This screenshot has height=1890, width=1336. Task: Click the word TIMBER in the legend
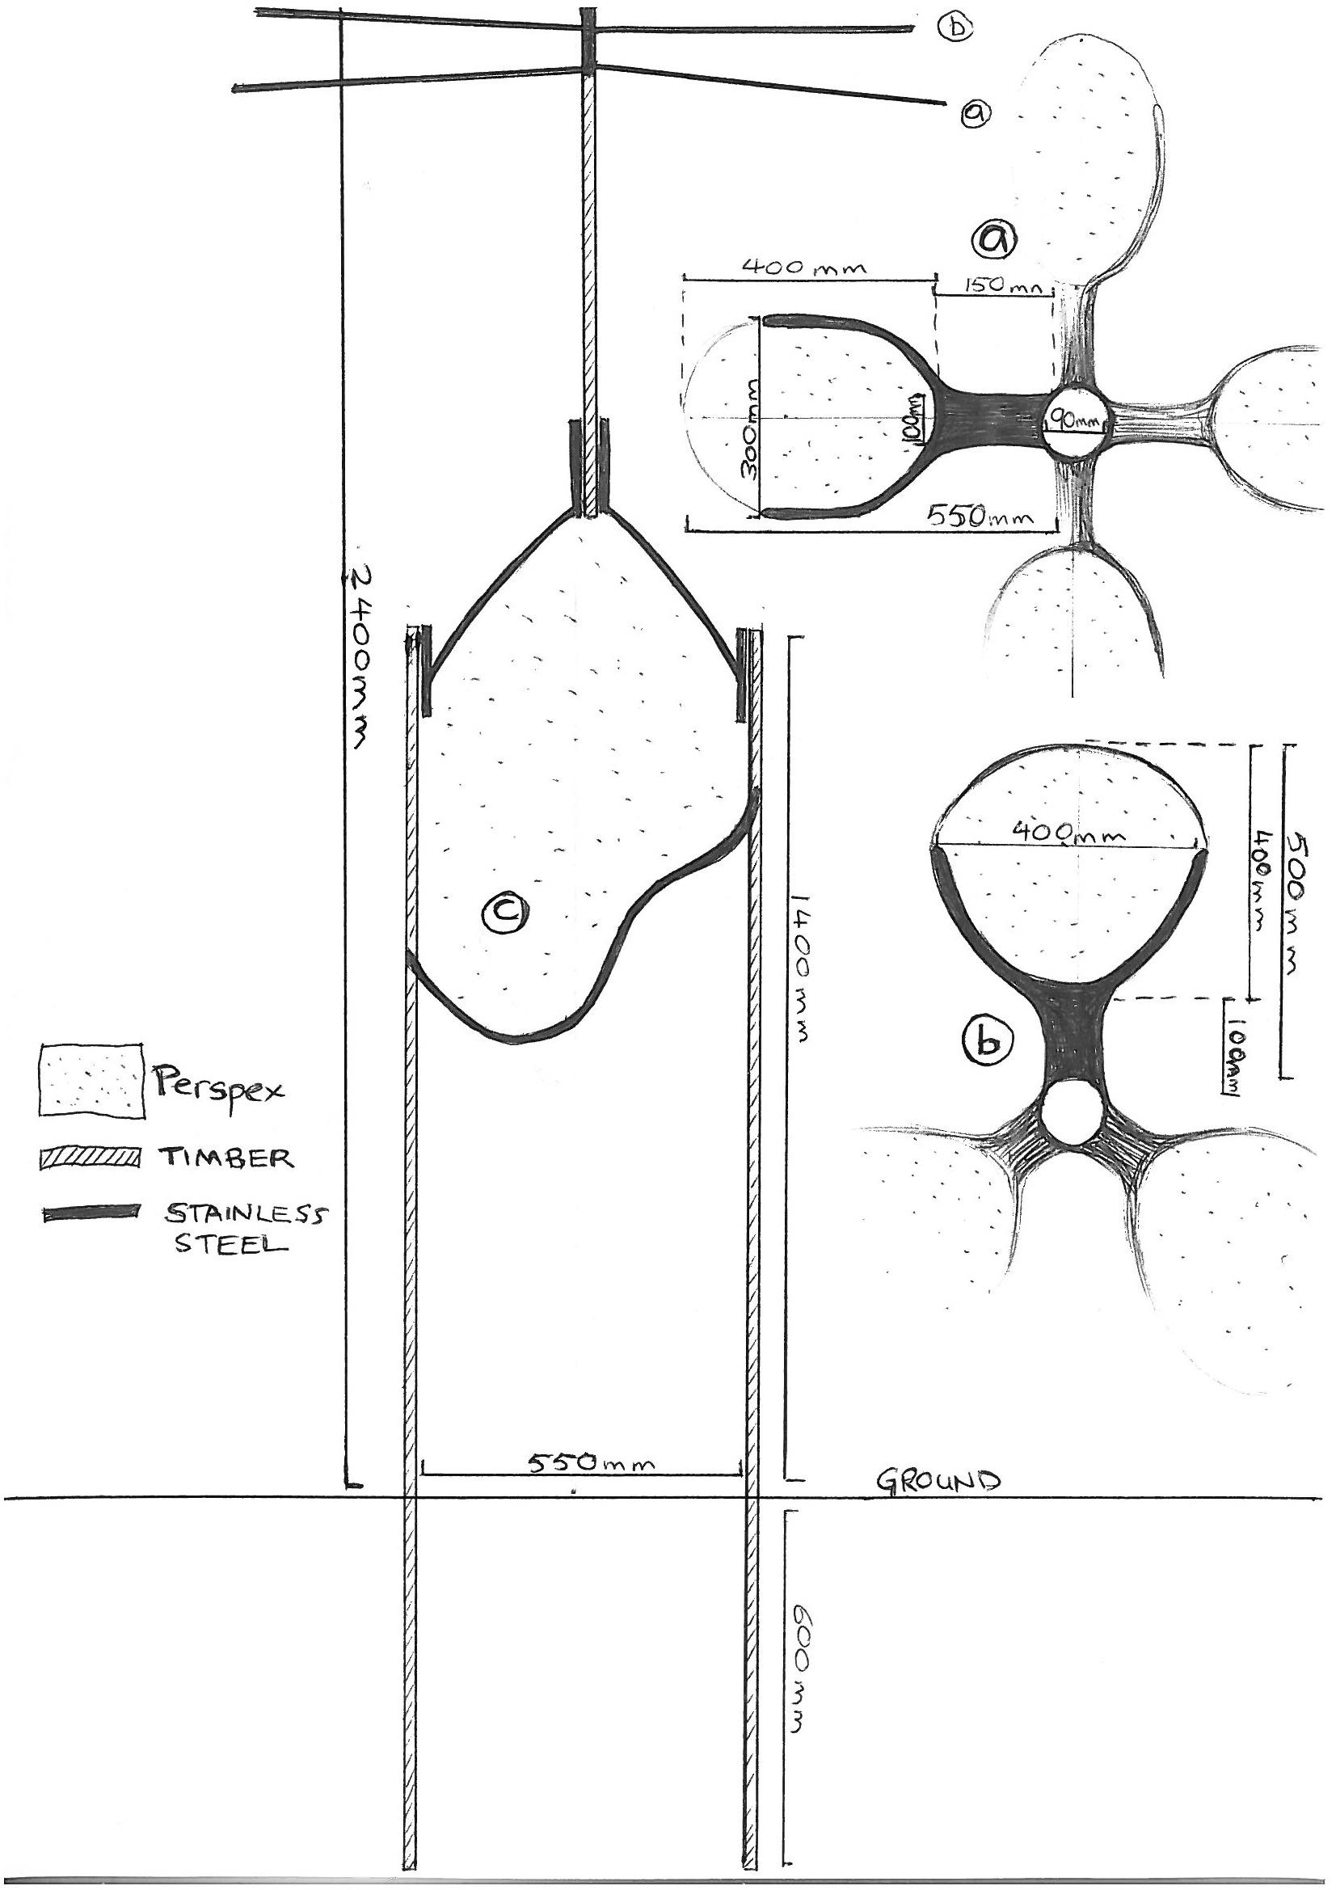coord(225,1158)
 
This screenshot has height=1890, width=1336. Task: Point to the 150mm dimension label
coord(995,285)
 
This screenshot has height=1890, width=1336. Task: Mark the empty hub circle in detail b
coord(1072,1112)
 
